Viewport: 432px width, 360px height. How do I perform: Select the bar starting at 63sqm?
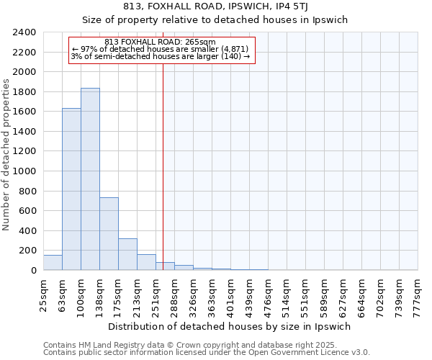pos(71,189)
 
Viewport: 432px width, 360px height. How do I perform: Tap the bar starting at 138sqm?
pos(109,233)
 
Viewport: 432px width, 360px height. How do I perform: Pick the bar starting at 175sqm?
pos(127,254)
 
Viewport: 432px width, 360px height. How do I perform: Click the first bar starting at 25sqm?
pos(53,263)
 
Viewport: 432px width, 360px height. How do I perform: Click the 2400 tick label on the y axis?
pos(24,32)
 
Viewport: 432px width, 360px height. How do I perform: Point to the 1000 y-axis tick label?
pos(24,171)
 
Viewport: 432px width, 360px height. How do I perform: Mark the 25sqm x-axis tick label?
pos(43,294)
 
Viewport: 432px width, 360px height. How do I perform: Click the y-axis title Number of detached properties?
pos(6,151)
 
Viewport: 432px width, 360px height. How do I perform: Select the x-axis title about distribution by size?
pos(230,326)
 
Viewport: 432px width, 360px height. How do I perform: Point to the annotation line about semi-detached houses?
pos(161,56)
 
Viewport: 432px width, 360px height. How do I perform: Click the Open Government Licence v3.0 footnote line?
pos(207,353)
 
